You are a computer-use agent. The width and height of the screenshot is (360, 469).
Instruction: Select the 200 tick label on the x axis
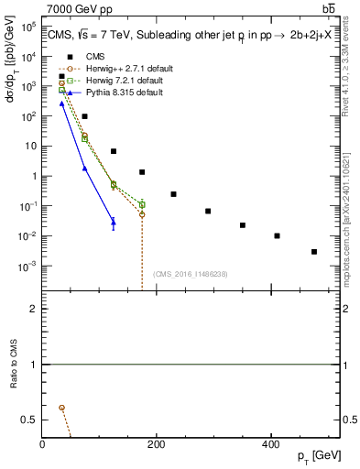pos(156,444)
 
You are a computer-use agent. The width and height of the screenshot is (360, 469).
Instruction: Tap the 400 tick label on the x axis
pos(270,444)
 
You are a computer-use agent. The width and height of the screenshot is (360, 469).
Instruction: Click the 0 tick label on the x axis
pos(42,444)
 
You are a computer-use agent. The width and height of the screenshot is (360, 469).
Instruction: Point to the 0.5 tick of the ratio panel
pos(30,420)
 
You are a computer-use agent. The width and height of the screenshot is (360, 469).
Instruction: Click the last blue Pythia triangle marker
pos(114,221)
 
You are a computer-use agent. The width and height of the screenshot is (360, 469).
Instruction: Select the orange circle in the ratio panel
pos(61,407)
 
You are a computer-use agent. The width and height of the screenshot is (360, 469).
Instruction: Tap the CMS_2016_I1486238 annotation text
pos(189,274)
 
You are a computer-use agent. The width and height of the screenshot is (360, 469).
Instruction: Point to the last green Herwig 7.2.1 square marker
pos(142,203)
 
